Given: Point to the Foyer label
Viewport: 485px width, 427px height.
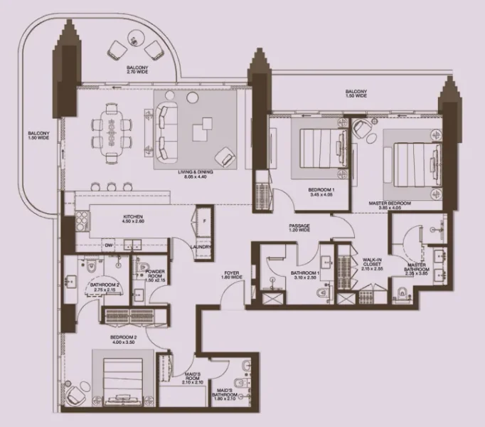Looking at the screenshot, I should [x=231, y=274].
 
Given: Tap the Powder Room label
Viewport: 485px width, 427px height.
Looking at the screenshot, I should [x=154, y=275].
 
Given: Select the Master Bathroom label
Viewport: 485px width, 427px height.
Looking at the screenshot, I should [x=415, y=268].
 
